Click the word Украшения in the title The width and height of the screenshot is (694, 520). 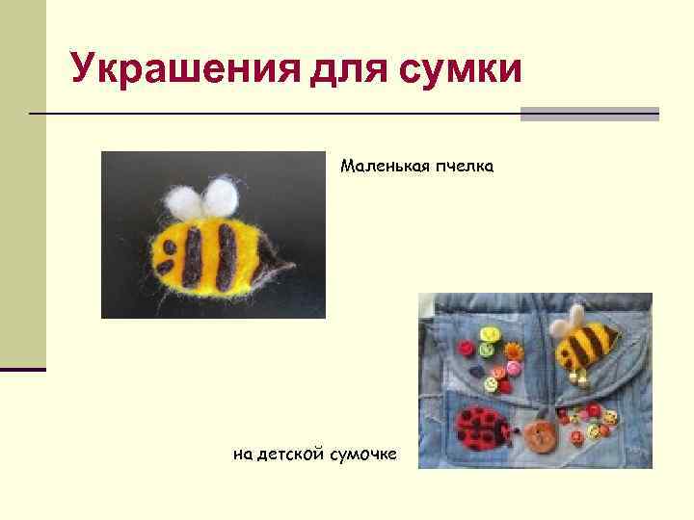point(174,68)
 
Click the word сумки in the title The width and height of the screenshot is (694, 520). point(454,68)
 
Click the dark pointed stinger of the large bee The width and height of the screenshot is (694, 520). point(281,264)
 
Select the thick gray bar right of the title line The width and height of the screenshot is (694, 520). point(589,114)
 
